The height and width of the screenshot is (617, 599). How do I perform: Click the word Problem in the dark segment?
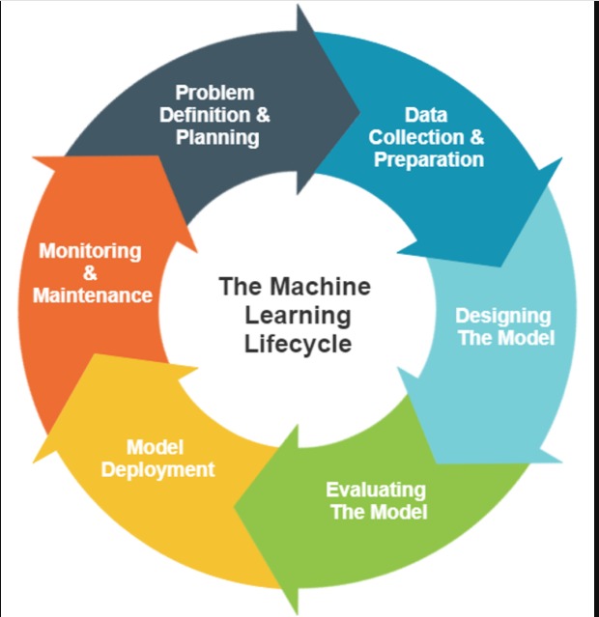pyautogui.click(x=214, y=93)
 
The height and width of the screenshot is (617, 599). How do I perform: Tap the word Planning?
pyautogui.click(x=217, y=137)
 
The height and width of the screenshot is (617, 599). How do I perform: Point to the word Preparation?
pyautogui.click(x=429, y=159)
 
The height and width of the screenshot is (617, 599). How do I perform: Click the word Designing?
pyautogui.click(x=503, y=316)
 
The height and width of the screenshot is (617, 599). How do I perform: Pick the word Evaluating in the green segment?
pyautogui.click(x=376, y=489)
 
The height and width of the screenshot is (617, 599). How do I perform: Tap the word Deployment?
pyautogui.click(x=158, y=470)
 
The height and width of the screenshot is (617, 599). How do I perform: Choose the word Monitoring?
pyautogui.click(x=90, y=251)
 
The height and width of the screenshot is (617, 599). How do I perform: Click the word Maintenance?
pyautogui.click(x=93, y=295)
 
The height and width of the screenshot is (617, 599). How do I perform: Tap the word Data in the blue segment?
pyautogui.click(x=426, y=115)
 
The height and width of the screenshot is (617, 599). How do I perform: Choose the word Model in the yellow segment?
pyautogui.click(x=155, y=448)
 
